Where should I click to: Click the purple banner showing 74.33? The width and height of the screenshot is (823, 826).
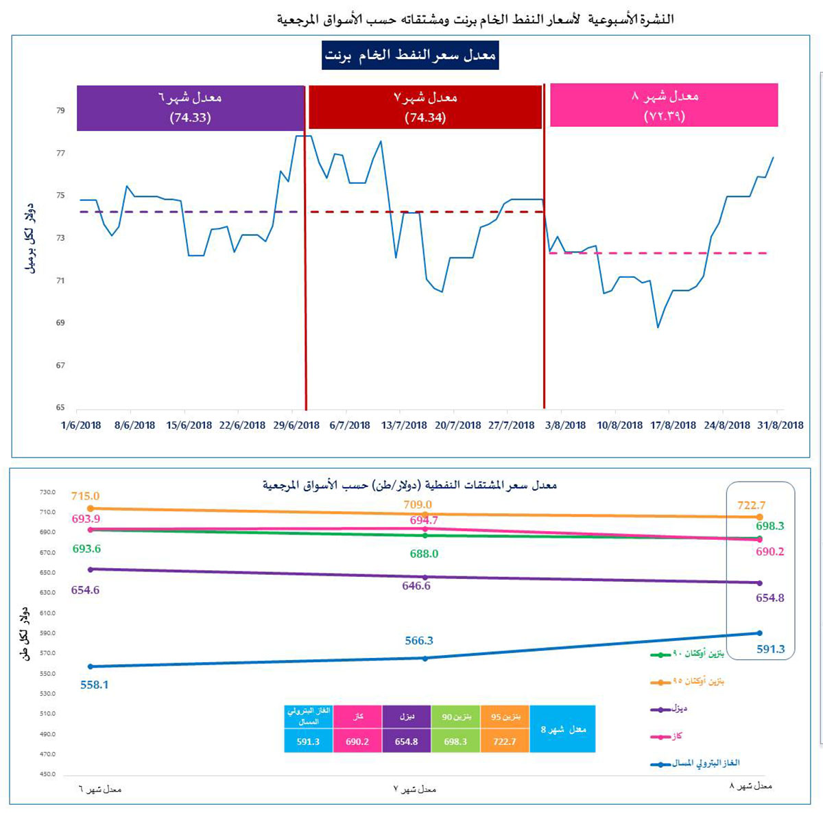pyautogui.click(x=190, y=108)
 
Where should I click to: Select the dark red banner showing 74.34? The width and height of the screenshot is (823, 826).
pyautogui.click(x=425, y=107)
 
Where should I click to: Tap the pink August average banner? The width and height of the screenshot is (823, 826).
pyautogui.click(x=664, y=105)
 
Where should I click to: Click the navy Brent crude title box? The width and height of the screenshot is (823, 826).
pyautogui.click(x=410, y=56)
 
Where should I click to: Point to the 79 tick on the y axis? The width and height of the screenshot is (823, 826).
pyautogui.click(x=60, y=110)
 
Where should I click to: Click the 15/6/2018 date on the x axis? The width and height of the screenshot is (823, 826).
pyautogui.click(x=189, y=425)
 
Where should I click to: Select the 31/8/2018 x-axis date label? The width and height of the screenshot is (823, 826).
pyautogui.click(x=780, y=425)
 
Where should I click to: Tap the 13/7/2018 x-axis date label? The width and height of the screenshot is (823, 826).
pyautogui.click(x=404, y=425)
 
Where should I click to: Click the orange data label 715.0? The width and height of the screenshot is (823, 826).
pyautogui.click(x=85, y=496)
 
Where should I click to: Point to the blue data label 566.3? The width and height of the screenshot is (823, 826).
pyautogui.click(x=419, y=641)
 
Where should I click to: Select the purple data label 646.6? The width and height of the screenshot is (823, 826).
pyautogui.click(x=416, y=586)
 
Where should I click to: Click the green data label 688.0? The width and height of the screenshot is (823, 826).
pyautogui.click(x=424, y=554)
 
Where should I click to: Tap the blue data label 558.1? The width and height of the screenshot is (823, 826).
pyautogui.click(x=95, y=685)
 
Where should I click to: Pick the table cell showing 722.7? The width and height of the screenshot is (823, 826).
pyautogui.click(x=505, y=742)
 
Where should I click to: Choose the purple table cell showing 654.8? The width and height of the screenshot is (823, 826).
pyautogui.click(x=407, y=742)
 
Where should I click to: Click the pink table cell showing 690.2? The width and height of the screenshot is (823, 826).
pyautogui.click(x=357, y=742)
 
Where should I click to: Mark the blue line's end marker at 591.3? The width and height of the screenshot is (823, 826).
pyautogui.click(x=759, y=633)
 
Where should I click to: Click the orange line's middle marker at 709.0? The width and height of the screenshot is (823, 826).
pyautogui.click(x=425, y=514)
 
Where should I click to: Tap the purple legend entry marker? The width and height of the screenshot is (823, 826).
pyautogui.click(x=660, y=709)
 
